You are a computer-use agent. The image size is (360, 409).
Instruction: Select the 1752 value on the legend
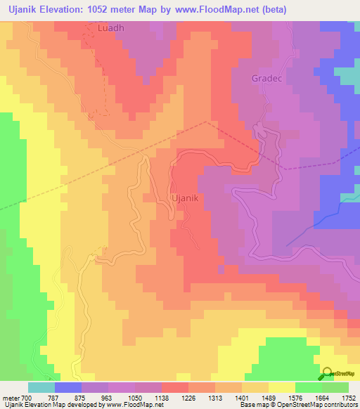tap(348, 397)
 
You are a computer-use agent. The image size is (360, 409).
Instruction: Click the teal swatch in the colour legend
tap(41, 387)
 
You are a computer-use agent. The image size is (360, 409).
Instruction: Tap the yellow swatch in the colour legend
tap(282, 387)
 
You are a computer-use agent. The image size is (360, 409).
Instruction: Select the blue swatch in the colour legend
tap(68, 387)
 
